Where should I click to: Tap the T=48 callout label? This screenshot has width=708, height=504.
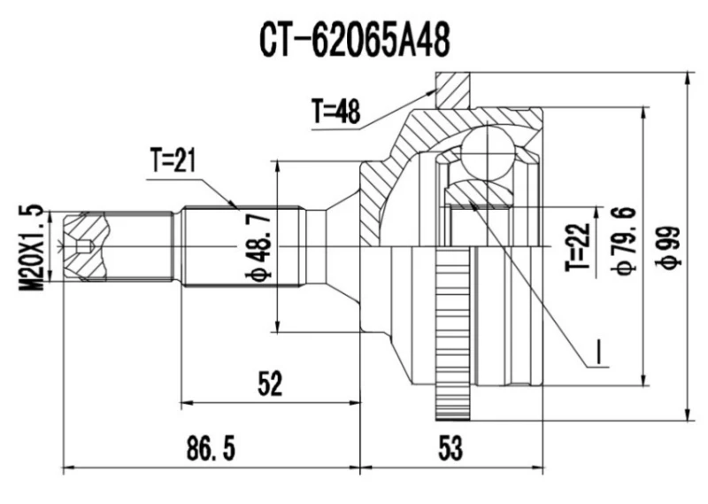tap(335, 110)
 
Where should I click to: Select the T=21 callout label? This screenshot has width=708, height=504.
tap(173, 160)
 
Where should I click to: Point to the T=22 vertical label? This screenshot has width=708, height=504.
tap(577, 247)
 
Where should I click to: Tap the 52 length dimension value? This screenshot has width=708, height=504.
tap(269, 384)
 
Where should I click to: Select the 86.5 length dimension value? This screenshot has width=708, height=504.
tap(210, 449)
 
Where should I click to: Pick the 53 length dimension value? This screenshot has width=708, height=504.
tap(450, 449)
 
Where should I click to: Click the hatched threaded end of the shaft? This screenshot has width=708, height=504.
tap(84, 246)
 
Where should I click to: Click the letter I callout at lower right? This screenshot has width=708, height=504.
tap(599, 353)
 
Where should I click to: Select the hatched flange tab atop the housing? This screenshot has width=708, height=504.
tap(452, 89)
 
